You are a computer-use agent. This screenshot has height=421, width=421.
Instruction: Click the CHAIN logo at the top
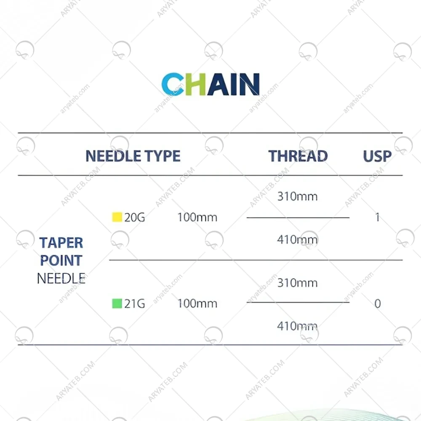pos(210,84)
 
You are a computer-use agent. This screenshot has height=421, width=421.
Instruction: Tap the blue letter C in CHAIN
pos(172,84)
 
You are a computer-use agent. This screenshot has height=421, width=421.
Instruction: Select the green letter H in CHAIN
pos(195,84)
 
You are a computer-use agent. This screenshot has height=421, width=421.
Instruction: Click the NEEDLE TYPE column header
pos(133,156)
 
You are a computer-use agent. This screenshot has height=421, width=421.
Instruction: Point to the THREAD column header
pos(298,156)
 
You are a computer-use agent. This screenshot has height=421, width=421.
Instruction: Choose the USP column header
pos(377,156)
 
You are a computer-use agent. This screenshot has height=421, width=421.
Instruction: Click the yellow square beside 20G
pos(117,217)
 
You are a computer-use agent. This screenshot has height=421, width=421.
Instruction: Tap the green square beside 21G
pos(117,304)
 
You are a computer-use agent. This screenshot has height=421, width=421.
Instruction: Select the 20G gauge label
pos(135,217)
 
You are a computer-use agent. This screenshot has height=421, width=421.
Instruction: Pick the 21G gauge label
pos(135,304)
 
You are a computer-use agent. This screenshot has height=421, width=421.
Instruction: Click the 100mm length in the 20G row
pos(197,217)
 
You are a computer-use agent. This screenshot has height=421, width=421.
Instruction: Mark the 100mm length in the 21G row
pos(197,304)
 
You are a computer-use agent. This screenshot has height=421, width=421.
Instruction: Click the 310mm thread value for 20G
pos(298,196)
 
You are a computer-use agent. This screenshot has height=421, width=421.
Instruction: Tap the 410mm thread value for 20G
pos(298,240)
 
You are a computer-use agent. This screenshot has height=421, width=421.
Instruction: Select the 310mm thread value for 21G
pos(298,283)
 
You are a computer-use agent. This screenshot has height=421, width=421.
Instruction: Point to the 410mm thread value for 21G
pos(298,326)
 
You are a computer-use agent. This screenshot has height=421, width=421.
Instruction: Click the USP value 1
pos(378,217)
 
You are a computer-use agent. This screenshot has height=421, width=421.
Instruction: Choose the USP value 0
pos(378,304)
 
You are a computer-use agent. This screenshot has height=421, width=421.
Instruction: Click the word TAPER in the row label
pos(61,243)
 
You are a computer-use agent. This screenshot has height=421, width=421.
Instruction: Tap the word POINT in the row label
pos(61,260)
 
